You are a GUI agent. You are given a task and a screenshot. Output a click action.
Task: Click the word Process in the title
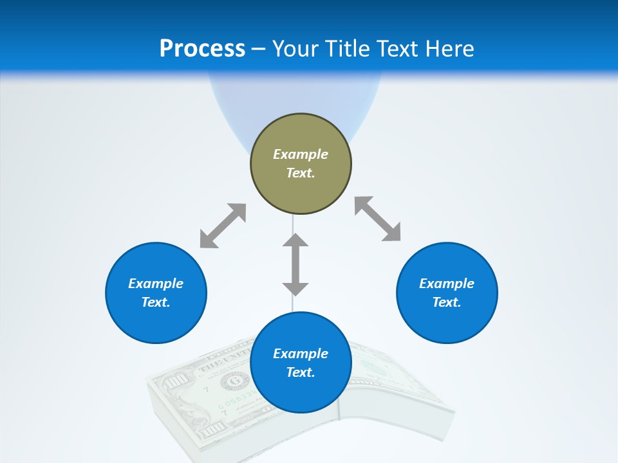point(202,49)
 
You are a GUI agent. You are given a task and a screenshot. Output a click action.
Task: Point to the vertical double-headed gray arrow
point(295,264)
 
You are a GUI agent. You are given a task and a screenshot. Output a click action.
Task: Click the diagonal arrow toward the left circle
point(223,226)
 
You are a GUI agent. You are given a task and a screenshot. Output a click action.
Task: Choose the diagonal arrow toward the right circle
point(377,219)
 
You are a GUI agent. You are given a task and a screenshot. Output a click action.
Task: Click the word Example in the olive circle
point(301,154)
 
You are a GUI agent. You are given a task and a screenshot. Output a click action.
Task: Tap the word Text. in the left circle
point(156,302)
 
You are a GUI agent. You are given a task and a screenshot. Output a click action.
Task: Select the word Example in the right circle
point(447,284)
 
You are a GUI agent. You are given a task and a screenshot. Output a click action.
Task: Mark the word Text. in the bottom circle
point(301,372)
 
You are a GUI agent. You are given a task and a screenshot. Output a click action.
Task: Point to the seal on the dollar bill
point(233,382)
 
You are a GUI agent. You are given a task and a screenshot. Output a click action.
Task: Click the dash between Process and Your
point(258,49)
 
